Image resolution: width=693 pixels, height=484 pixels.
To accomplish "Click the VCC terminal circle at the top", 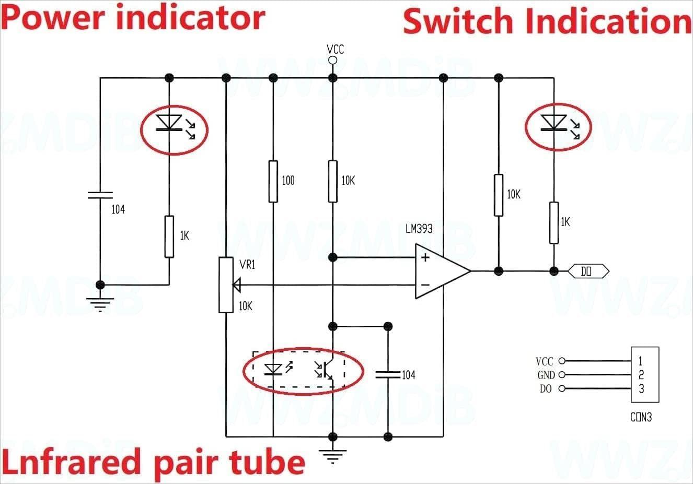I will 332,61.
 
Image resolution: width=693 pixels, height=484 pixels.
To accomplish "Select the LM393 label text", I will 419,229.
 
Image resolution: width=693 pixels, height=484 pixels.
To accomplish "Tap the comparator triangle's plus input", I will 425,257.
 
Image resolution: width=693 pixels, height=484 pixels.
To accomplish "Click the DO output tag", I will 588,271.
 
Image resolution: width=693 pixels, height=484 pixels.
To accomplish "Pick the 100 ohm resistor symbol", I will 273,181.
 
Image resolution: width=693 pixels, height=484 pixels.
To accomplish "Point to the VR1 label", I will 247,265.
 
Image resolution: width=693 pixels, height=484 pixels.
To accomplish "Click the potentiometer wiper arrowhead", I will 237,285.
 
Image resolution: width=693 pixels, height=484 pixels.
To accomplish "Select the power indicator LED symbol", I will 169,123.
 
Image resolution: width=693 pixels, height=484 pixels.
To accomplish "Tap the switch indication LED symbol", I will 553,123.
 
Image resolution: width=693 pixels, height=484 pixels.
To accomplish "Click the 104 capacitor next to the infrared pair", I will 388,374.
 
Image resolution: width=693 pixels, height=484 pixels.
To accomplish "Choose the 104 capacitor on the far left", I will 100,195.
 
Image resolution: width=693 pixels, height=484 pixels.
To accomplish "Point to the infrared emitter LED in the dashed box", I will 273,370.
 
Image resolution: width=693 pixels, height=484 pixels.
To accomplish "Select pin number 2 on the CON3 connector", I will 641,374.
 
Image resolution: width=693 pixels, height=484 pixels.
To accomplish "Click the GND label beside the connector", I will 546,375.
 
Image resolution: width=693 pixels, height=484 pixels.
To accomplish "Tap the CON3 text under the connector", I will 641,417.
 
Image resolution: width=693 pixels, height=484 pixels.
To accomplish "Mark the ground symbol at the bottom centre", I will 332,456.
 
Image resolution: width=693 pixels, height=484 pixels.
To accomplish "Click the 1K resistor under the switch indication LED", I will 553,223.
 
